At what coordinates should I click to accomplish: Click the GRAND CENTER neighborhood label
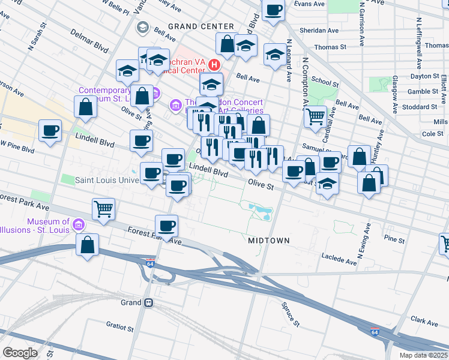point(200,26)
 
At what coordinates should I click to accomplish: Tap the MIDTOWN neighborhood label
point(269,241)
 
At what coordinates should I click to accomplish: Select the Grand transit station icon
point(148,303)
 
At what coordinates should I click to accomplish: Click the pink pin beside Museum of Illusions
point(77,226)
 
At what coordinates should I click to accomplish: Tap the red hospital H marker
point(212,64)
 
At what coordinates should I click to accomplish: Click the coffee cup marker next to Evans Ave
point(273,11)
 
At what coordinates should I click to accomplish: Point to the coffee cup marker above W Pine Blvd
point(50,130)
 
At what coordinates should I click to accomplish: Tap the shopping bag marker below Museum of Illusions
point(88,245)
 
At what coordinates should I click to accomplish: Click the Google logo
point(20,353)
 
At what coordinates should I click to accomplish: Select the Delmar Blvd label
point(90,40)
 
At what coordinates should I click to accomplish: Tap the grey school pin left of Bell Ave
point(142,27)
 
